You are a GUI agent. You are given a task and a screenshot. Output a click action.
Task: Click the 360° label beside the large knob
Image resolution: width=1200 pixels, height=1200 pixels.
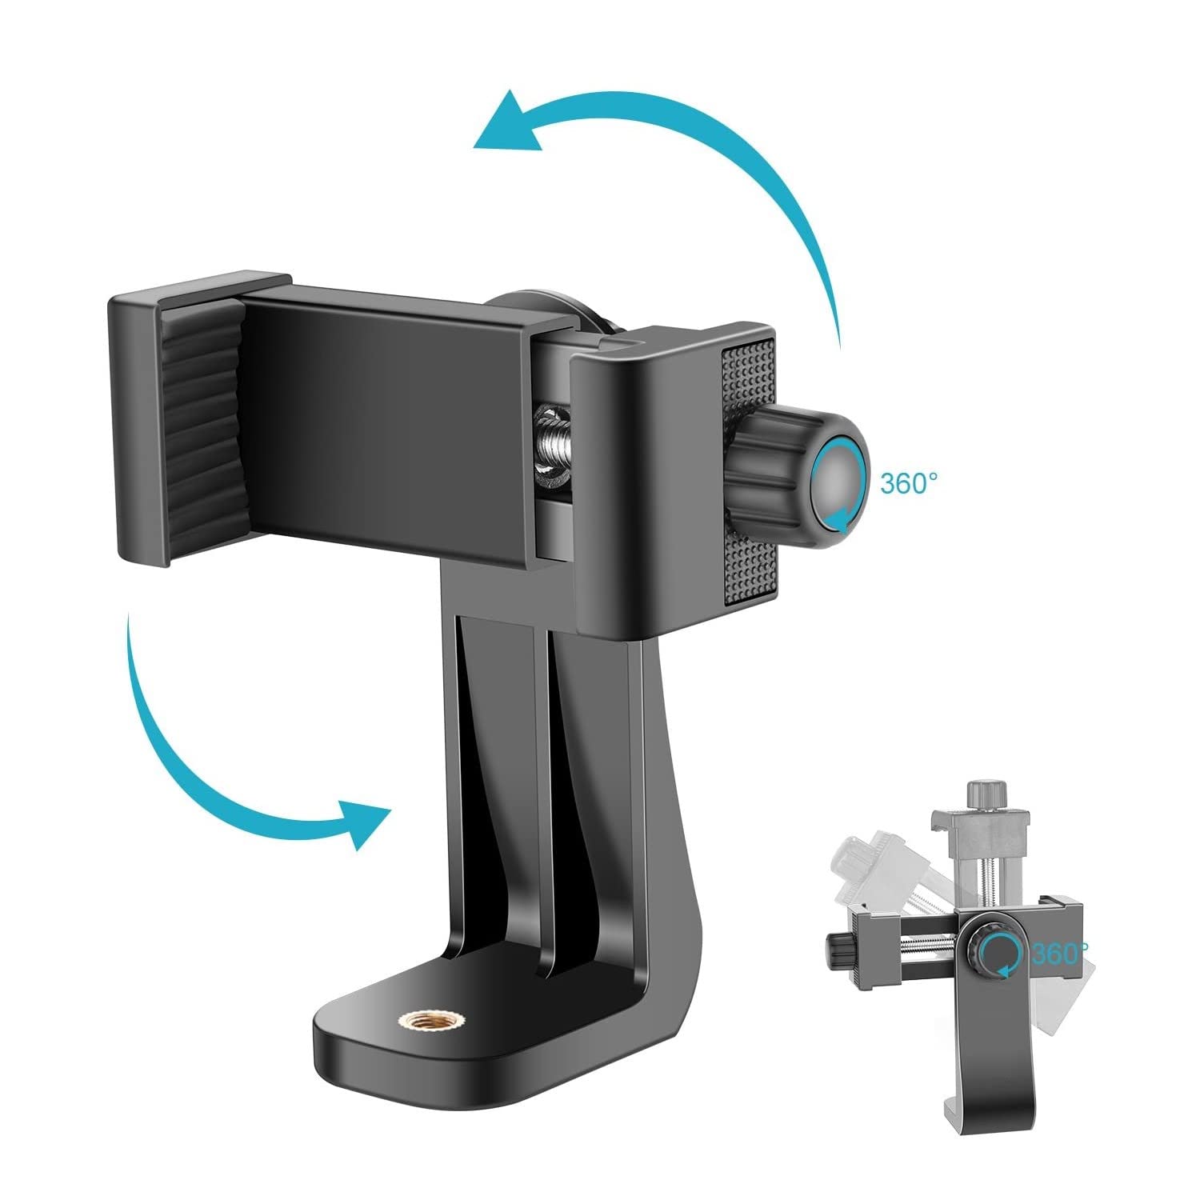pos(908,484)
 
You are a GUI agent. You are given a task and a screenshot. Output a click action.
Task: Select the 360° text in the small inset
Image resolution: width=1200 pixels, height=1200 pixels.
pos(1058,954)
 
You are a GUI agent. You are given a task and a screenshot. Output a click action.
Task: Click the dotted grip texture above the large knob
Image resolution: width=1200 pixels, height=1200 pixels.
pos(749,376)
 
